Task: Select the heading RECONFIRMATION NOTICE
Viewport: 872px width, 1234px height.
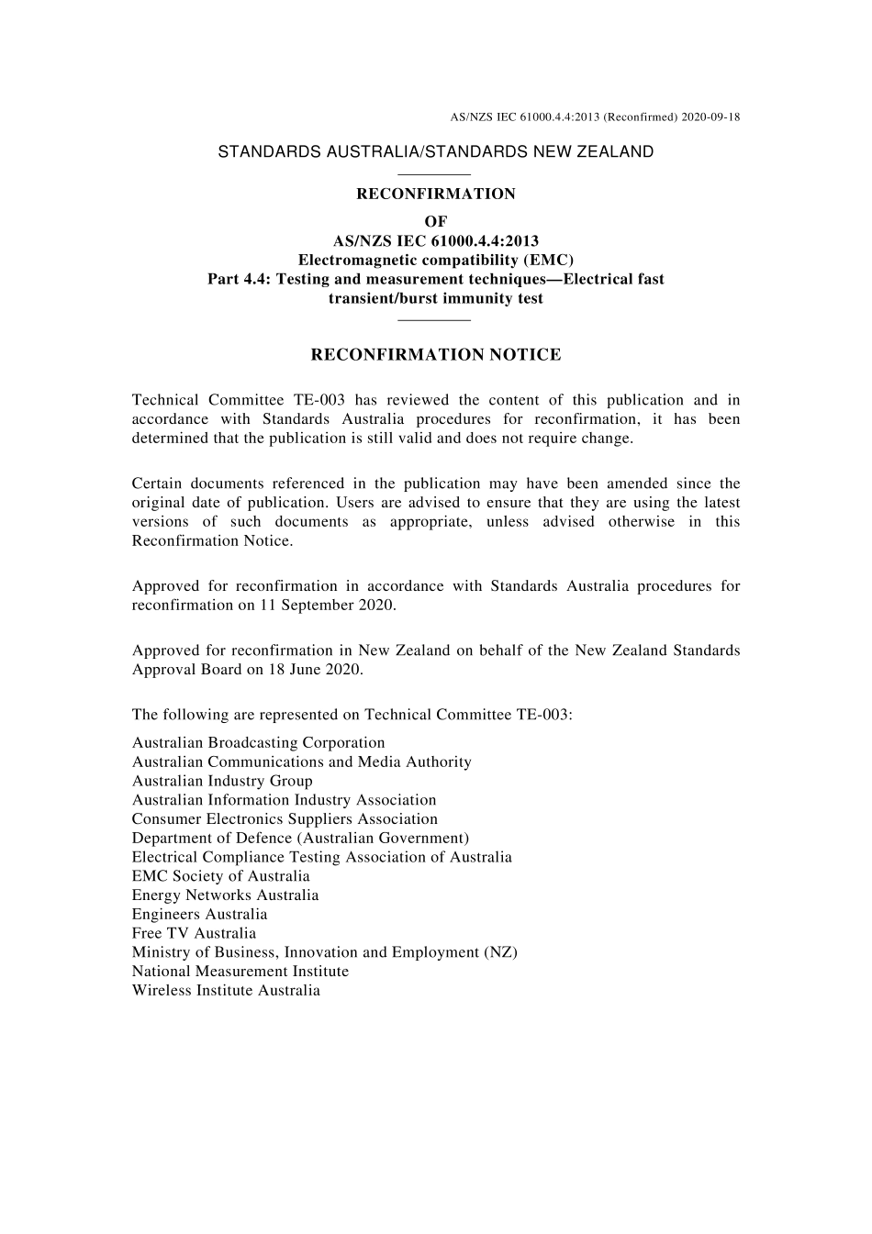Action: click(436, 355)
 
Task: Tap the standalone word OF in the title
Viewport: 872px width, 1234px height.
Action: click(436, 221)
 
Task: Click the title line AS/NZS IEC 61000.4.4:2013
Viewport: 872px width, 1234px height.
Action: click(436, 240)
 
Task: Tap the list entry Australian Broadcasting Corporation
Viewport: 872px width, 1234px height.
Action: click(258, 742)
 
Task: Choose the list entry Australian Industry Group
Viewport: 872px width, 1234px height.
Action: click(222, 781)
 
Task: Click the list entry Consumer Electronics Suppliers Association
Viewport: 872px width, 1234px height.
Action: click(285, 818)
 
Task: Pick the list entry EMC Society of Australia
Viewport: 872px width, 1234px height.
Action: click(220, 876)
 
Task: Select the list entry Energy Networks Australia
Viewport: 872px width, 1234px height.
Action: click(225, 895)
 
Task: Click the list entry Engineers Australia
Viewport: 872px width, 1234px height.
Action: click(199, 914)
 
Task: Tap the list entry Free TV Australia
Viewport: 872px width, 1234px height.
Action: click(194, 933)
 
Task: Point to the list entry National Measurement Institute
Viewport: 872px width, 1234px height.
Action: click(240, 971)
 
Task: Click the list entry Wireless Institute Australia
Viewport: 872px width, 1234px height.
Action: click(226, 990)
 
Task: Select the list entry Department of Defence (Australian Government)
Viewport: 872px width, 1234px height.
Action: click(300, 838)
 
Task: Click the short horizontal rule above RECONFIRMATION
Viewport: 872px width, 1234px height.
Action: click(435, 173)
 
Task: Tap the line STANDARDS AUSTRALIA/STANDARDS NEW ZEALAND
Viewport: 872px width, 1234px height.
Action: click(435, 152)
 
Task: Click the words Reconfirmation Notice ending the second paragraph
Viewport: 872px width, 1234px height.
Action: click(212, 540)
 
